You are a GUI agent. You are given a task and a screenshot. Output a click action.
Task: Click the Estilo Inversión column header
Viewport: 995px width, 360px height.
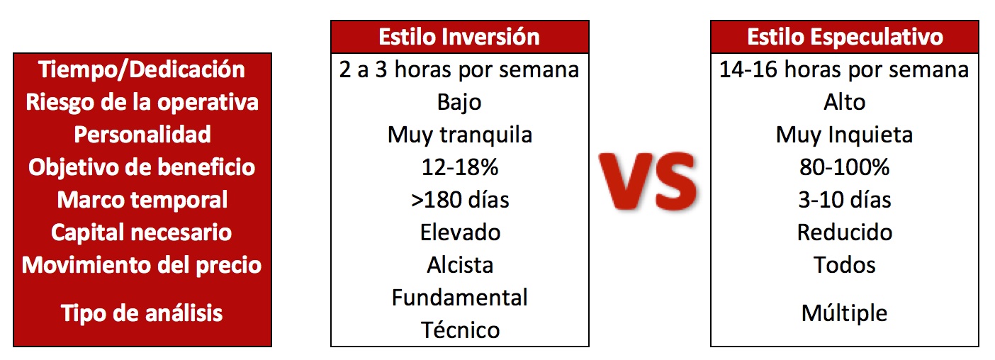pyautogui.click(x=459, y=36)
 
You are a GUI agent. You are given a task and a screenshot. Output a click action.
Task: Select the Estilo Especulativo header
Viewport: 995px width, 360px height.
pyautogui.click(x=845, y=37)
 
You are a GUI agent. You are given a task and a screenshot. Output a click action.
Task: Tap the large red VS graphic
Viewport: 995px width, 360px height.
pyautogui.click(x=648, y=181)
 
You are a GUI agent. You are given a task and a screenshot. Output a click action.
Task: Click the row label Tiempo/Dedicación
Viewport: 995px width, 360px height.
pyautogui.click(x=142, y=69)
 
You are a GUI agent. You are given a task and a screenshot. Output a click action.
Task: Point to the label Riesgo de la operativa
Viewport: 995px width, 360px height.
pyautogui.click(x=142, y=102)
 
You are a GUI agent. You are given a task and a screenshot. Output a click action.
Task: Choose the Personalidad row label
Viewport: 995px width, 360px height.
pyautogui.click(x=142, y=135)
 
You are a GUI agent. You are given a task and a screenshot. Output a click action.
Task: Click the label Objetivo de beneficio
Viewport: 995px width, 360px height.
pyautogui.click(x=142, y=167)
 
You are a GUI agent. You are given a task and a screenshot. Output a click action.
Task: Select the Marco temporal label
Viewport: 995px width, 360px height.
pyautogui.click(x=142, y=200)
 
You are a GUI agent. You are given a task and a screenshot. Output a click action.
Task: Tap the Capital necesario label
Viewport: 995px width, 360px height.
pyautogui.click(x=141, y=232)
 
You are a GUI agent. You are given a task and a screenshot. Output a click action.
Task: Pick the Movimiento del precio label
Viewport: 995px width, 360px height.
pyautogui.click(x=142, y=265)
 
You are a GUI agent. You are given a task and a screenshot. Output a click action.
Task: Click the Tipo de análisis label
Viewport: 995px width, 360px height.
pyautogui.click(x=142, y=313)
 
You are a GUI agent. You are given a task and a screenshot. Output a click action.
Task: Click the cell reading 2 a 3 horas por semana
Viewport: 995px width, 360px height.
pyautogui.click(x=459, y=69)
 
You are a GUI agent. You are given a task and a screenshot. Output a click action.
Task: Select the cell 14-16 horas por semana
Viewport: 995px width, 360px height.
pyautogui.click(x=844, y=69)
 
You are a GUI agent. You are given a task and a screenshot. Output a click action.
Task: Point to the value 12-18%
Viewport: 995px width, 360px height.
pyautogui.click(x=460, y=167)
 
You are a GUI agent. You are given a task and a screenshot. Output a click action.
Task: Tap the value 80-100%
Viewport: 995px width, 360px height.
pyautogui.click(x=845, y=167)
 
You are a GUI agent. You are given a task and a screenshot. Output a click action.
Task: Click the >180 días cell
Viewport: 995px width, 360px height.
pyautogui.click(x=460, y=200)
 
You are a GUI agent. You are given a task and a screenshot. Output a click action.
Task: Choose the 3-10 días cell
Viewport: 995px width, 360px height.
pyautogui.click(x=845, y=200)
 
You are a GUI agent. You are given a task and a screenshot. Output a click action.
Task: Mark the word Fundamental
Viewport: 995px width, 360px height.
pyautogui.click(x=460, y=298)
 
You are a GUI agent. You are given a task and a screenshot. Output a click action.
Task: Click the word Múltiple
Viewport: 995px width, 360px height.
pyautogui.click(x=845, y=313)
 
